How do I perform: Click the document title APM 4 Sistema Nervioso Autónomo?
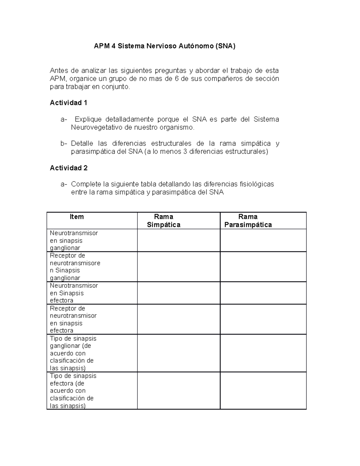point(164,46)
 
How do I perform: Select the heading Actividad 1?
point(68,103)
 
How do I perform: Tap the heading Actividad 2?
point(69,168)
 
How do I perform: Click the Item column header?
point(76,217)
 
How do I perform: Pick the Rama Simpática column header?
point(163,221)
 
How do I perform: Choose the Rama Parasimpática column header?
point(248,221)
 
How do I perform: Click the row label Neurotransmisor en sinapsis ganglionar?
point(74,240)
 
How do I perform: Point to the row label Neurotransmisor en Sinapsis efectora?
point(74,293)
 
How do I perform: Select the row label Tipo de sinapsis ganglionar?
point(73,353)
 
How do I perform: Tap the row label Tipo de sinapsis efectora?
point(73,391)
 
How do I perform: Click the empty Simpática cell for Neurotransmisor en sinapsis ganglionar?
point(178,240)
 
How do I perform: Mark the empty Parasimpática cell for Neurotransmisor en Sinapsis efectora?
point(263,293)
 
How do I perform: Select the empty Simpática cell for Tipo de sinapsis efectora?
point(178,391)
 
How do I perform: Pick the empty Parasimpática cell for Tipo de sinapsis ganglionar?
point(263,353)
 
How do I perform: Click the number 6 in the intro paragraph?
point(177,79)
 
